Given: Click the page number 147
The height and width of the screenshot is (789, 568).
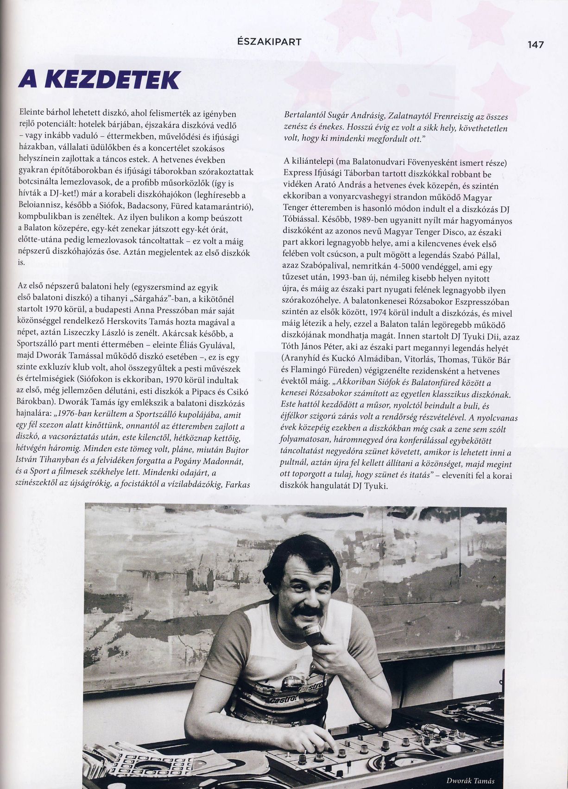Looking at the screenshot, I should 536,45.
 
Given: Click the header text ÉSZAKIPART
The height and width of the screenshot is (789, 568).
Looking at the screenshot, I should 269,42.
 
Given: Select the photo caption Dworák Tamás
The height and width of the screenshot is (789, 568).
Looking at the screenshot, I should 470,780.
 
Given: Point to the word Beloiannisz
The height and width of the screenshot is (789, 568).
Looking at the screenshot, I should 38,206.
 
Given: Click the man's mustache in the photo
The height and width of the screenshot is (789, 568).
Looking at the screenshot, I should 308,612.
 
